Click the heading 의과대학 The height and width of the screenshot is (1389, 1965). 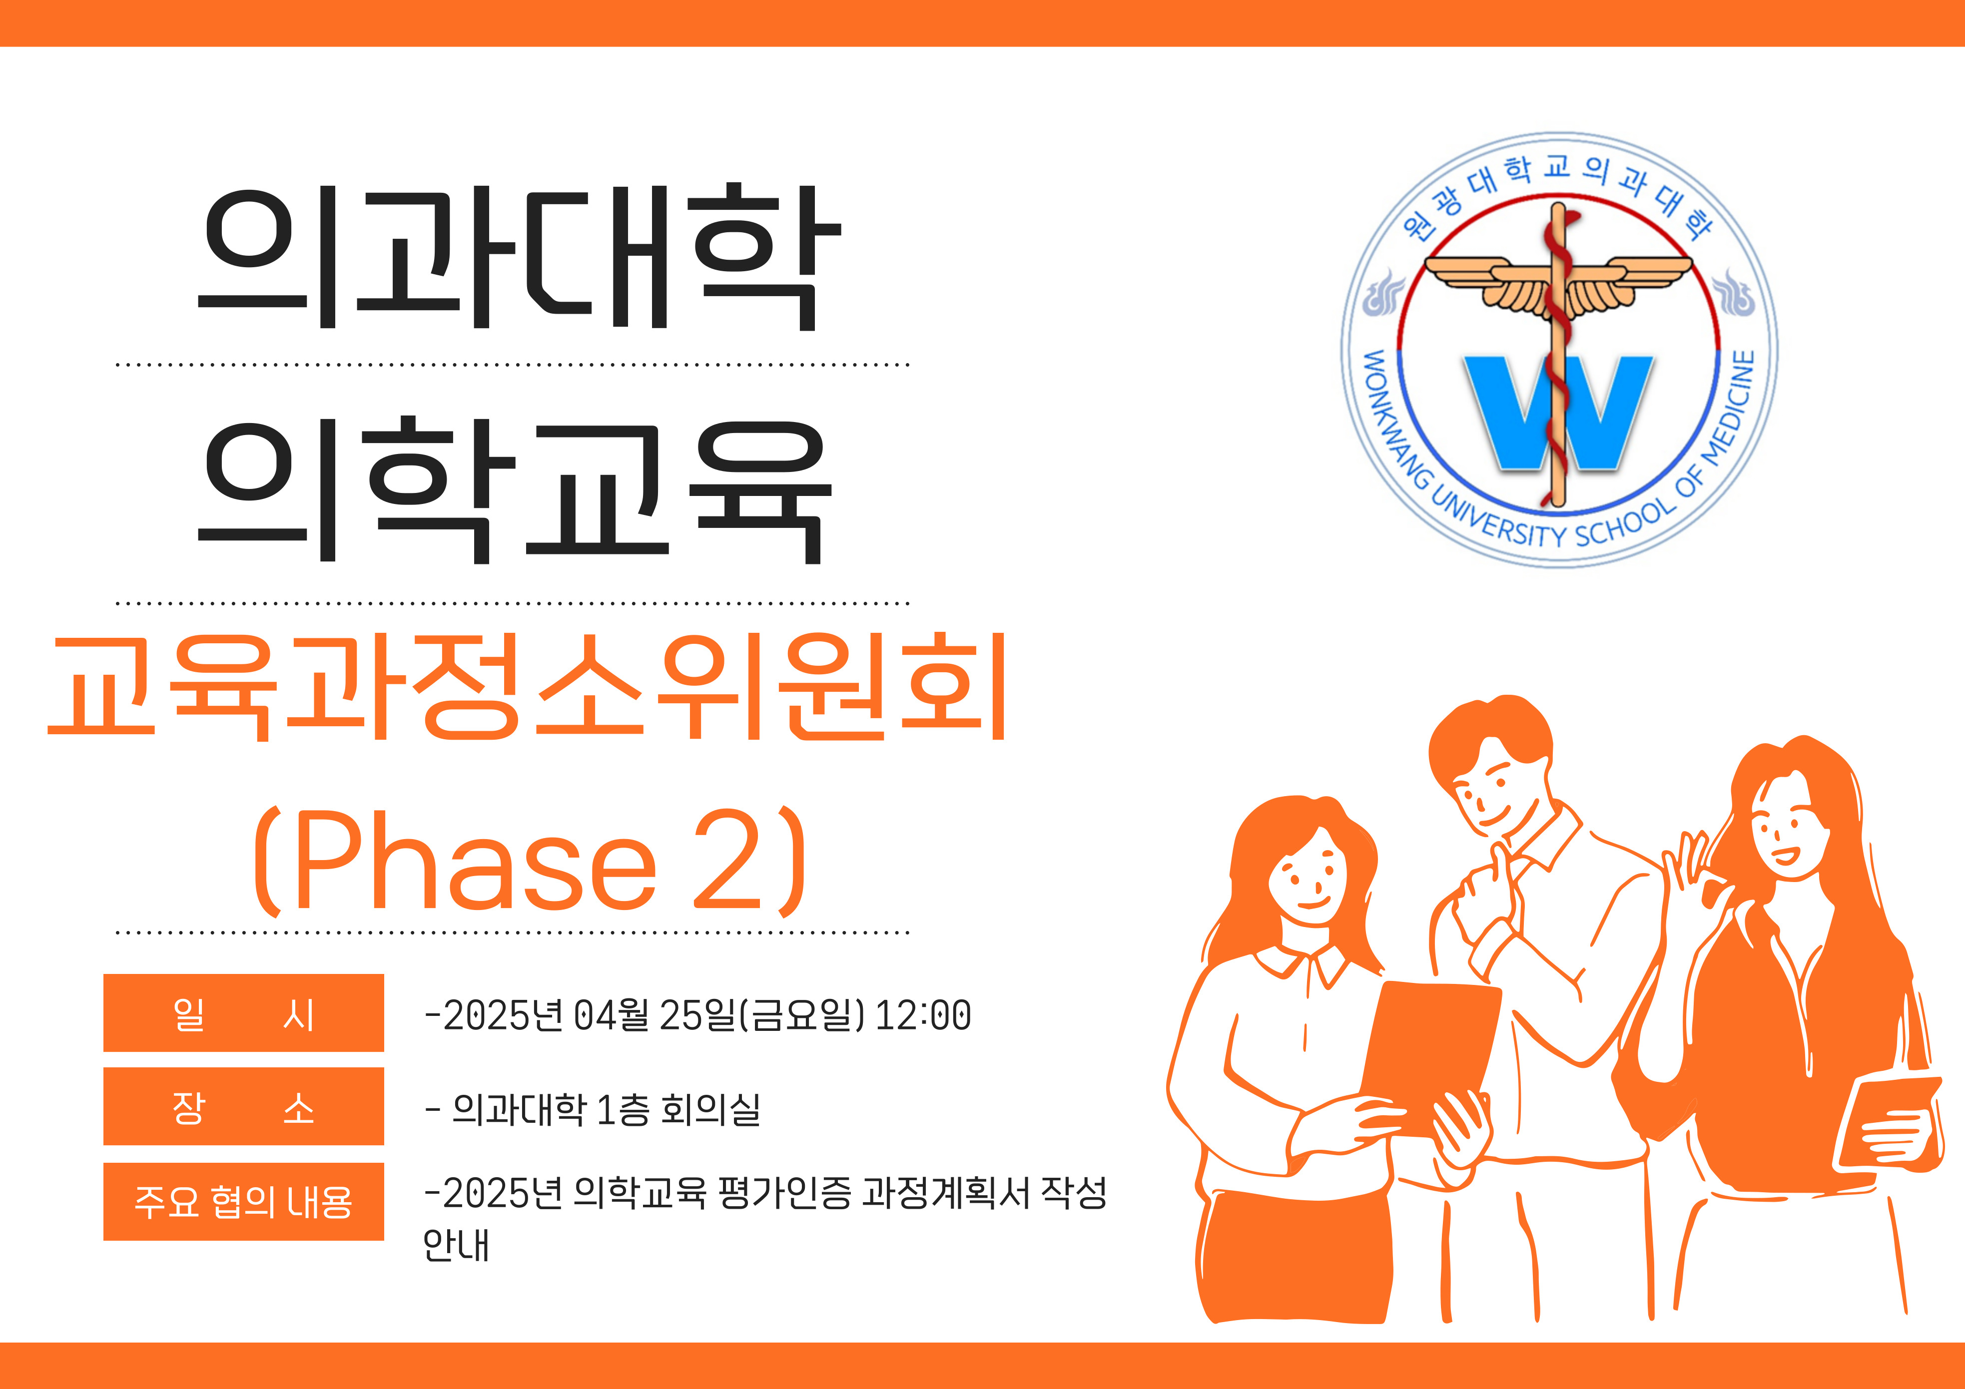coord(520,257)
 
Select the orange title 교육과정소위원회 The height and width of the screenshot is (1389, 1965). coord(528,687)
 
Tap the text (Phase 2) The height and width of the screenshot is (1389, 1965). coord(530,862)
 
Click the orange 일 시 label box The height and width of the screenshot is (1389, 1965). coord(244,1013)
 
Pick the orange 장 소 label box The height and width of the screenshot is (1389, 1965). coord(244,1107)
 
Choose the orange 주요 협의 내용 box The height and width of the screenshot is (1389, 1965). coord(244,1202)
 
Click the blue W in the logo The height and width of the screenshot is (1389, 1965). coord(1558,413)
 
